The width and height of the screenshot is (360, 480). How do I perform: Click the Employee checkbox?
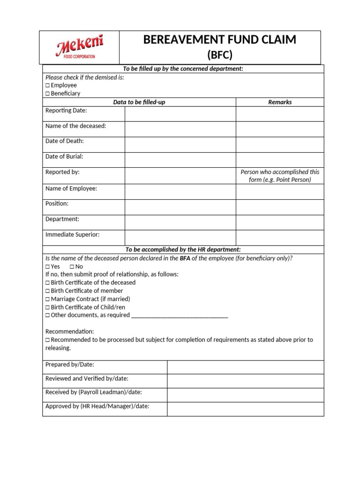(47, 85)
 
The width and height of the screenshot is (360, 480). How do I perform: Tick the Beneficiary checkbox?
(47, 93)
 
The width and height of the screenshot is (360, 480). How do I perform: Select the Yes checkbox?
(47, 266)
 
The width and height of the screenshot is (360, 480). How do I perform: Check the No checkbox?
(72, 266)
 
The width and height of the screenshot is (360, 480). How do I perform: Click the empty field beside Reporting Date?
(180, 114)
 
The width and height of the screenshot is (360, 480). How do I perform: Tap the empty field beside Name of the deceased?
(180, 129)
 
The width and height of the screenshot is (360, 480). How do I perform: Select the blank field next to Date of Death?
(180, 145)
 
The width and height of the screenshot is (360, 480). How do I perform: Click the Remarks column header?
(279, 102)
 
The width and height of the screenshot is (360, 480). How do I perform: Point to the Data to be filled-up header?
(139, 102)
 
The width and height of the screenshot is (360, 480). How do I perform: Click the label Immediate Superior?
(72, 234)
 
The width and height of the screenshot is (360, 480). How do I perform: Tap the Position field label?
(57, 203)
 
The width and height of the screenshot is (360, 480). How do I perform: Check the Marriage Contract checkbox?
(47, 299)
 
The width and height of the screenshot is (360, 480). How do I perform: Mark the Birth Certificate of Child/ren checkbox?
(47, 307)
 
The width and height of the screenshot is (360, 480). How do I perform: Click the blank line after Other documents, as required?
(180, 316)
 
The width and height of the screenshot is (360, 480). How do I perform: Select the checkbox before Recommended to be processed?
(47, 340)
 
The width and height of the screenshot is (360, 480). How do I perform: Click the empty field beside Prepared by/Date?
(245, 367)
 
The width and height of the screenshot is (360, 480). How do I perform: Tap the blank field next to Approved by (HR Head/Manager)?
(245, 409)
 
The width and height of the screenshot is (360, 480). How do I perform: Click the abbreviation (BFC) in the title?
(220, 55)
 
